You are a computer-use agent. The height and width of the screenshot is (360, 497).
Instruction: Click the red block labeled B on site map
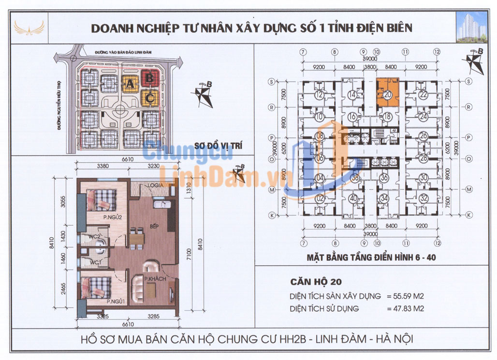[x=149, y=76]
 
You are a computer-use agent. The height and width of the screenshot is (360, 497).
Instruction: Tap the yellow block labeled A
[x=130, y=85]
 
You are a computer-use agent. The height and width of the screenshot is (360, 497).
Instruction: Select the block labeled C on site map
[x=150, y=97]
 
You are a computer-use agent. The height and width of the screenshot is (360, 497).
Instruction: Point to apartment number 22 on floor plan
[x=424, y=95]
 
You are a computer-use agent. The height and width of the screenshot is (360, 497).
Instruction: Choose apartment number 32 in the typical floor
[x=424, y=198]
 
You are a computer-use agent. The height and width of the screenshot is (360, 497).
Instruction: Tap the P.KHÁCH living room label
[x=146, y=279]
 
